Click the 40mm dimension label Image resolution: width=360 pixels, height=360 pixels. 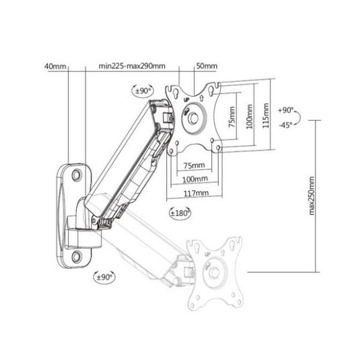pyautogui.click(x=55, y=67)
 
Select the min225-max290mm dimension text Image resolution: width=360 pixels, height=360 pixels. pyautogui.click(x=132, y=66)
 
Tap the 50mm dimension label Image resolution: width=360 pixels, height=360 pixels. pyautogui.click(x=206, y=66)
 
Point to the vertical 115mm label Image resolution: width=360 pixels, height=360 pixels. pyautogui.click(x=266, y=116)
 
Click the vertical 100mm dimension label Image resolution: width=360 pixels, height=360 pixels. pyautogui.click(x=250, y=116)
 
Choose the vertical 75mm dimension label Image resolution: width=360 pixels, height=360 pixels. pyautogui.click(x=232, y=117)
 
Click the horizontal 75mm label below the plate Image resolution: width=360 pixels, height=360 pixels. pyautogui.click(x=194, y=165)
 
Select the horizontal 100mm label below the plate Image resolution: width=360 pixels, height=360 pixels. pyautogui.click(x=195, y=179)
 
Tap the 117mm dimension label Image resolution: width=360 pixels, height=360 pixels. pyautogui.click(x=196, y=193)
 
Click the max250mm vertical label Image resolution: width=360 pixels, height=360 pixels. pyautogui.click(x=311, y=196)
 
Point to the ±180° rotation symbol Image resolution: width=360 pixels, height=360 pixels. pyautogui.click(x=180, y=213)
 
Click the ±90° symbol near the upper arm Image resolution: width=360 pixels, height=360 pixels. pyautogui.click(x=143, y=91)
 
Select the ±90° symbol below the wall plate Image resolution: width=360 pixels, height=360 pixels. pyautogui.click(x=104, y=277)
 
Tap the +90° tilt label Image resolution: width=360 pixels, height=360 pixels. pyautogui.click(x=286, y=110)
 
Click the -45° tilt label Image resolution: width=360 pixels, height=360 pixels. pyautogui.click(x=286, y=125)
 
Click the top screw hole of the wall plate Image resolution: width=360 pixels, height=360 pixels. pyautogui.click(x=77, y=175)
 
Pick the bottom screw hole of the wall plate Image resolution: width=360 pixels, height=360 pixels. pyautogui.click(x=76, y=256)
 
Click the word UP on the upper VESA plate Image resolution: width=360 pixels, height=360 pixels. pyautogui.click(x=186, y=100)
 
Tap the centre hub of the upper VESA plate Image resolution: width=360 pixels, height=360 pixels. pyautogui.click(x=193, y=118)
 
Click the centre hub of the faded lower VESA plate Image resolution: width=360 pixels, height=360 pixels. pyautogui.click(x=215, y=272)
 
